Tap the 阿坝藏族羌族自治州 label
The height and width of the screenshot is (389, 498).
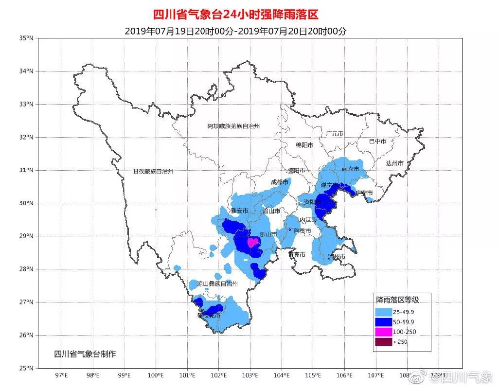[233, 126]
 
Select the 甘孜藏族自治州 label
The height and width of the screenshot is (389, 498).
[153, 171]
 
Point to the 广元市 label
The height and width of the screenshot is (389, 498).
[335, 133]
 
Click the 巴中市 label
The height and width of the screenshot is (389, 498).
[377, 141]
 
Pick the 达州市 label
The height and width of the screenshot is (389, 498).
[394, 163]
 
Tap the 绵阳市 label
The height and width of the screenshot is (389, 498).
[304, 144]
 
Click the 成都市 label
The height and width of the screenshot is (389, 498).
[279, 182]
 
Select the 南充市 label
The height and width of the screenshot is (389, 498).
[350, 169]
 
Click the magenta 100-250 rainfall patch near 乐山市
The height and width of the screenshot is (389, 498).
[252, 242]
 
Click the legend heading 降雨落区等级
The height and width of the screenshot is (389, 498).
[396, 300]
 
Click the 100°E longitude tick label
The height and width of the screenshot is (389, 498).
[156, 375]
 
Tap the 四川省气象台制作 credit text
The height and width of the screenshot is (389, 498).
[85, 354]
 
